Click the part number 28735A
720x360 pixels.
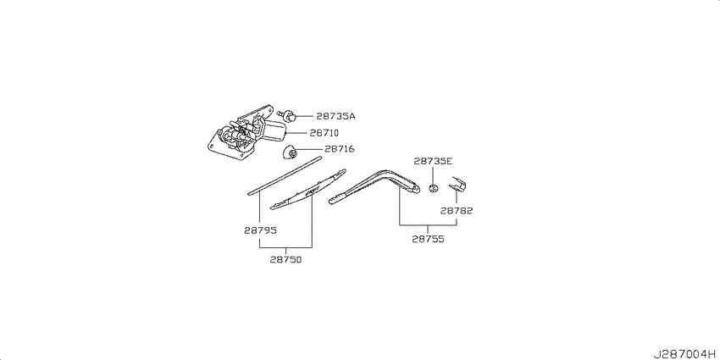click(x=335, y=117)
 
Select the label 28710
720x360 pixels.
click(x=324, y=133)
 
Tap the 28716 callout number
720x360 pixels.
click(x=340, y=149)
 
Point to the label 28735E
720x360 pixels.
click(x=433, y=161)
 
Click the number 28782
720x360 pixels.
click(x=457, y=211)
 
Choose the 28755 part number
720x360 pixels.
click(x=428, y=239)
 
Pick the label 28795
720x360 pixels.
click(x=260, y=230)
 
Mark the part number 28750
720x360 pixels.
click(x=285, y=259)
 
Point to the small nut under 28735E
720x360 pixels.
click(x=433, y=188)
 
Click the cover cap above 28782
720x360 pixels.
click(x=457, y=184)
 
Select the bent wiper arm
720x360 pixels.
click(x=374, y=186)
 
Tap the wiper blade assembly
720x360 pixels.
click(x=308, y=189)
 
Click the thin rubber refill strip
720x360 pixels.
click(x=284, y=176)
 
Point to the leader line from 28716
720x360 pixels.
click(x=309, y=149)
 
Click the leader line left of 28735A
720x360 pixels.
click(x=304, y=117)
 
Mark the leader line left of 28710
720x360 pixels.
click(x=297, y=133)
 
